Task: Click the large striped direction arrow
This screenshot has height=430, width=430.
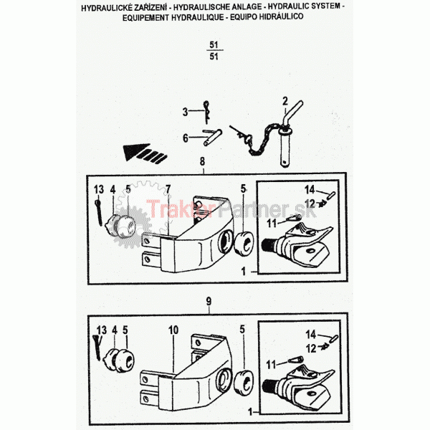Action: [145, 153]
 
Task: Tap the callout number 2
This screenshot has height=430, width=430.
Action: [285, 101]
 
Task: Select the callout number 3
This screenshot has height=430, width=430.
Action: [186, 112]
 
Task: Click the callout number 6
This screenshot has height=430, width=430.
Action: [186, 138]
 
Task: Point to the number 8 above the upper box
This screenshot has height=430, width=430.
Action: [202, 161]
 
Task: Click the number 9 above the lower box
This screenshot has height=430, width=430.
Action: [209, 302]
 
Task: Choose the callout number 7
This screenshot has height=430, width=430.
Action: [168, 189]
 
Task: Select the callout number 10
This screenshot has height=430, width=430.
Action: [173, 330]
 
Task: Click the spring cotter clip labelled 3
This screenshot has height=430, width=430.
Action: [206, 112]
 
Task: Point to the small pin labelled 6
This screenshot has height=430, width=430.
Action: [213, 137]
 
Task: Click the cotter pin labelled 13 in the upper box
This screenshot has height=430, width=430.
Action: [99, 213]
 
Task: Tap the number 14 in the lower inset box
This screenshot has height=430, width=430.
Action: [311, 334]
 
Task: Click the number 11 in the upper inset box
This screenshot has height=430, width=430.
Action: [272, 223]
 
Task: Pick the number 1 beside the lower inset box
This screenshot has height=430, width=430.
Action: [250, 411]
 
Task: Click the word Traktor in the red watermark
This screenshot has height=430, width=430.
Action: [180, 209]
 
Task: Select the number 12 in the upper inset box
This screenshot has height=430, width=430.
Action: [310, 204]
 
